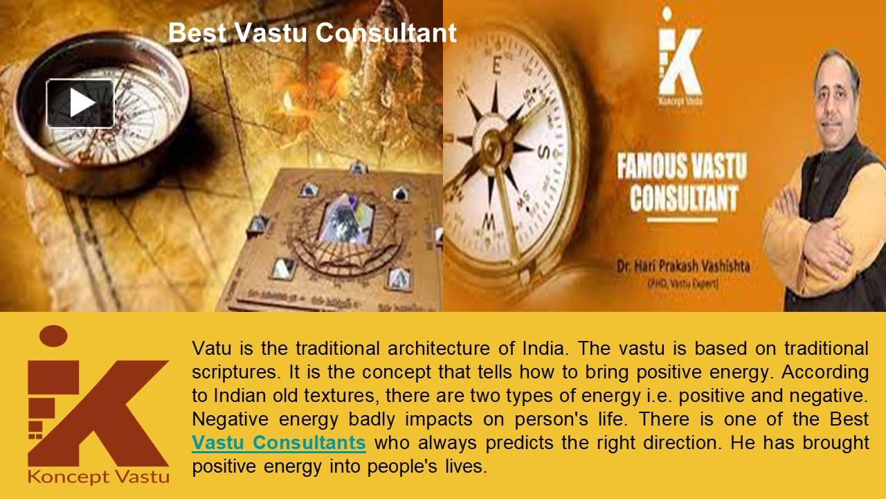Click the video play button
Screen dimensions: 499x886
[80, 103]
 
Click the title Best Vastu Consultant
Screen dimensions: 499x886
[312, 33]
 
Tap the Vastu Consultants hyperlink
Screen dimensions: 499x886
[278, 442]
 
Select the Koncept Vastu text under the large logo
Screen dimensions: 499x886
[98, 477]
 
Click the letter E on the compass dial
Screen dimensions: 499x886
[496, 66]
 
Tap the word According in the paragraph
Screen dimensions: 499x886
[824, 371]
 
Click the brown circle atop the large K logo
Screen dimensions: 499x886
[53, 336]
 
